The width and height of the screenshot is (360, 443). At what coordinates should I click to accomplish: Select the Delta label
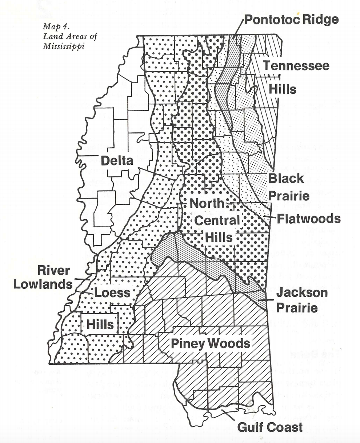[x=117, y=160]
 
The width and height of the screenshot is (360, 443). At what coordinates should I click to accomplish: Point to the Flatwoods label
[x=309, y=219]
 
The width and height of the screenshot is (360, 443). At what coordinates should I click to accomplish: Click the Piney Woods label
[x=211, y=343]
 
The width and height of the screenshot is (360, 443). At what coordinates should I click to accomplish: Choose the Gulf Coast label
[x=269, y=427]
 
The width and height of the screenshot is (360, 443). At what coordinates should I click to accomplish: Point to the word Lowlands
[x=43, y=284]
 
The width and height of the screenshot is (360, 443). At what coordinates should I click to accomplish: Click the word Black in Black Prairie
[x=287, y=179]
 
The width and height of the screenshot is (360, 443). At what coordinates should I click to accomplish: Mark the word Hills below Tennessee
[x=283, y=89]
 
